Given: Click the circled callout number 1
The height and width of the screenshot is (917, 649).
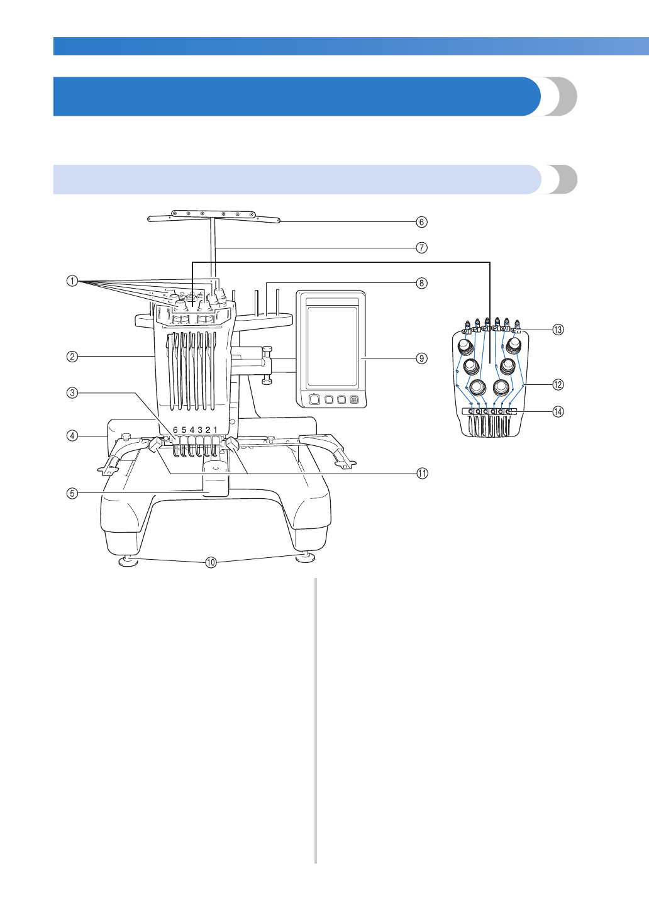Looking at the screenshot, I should pos(72,281).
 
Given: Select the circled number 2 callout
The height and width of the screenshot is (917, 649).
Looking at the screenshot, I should pos(72,357).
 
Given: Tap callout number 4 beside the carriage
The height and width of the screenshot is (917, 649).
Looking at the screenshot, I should pos(72,435).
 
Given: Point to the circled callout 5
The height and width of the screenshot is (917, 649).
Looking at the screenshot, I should pos(72,493).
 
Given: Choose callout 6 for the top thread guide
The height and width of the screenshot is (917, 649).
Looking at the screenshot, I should pos(422,221).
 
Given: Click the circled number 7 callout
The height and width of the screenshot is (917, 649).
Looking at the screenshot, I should pos(422,248).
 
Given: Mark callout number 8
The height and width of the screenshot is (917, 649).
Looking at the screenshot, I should pos(422,283).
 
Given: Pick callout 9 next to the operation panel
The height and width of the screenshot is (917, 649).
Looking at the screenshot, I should pos(422,358).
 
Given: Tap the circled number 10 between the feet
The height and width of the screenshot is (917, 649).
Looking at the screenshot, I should pos(211,562).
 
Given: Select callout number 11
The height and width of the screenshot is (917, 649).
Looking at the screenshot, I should pos(422,473).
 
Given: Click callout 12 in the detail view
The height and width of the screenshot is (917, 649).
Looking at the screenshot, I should pos(558,384).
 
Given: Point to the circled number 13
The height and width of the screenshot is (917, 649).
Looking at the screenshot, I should pos(558,330).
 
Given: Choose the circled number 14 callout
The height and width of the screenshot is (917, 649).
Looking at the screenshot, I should pos(558,412).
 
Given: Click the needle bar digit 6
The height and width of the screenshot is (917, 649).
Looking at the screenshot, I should pos(175,430).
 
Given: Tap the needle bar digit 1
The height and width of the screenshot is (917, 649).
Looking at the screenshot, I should pos(216,430).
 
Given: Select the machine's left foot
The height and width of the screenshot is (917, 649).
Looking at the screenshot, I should pos(128,560).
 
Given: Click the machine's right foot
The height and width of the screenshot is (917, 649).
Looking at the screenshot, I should pos(306,558).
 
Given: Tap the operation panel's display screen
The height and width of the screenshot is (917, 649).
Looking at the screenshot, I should pos(332,343).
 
